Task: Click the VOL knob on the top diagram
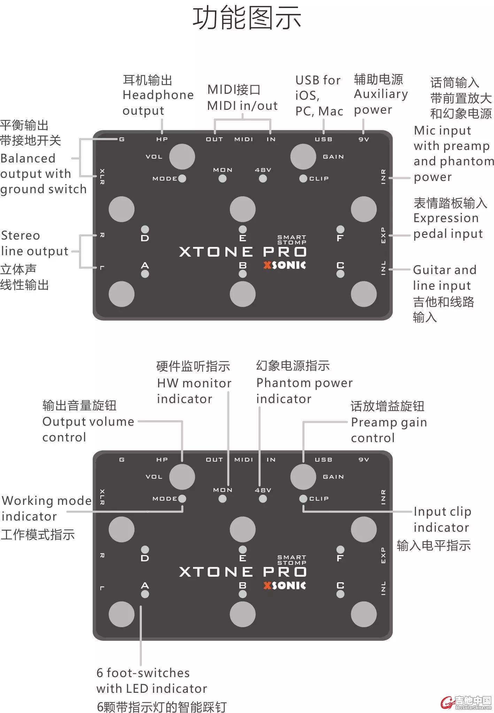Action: coord(182,156)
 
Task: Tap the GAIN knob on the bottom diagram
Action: coord(303,477)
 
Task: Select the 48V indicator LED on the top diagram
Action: coord(263,179)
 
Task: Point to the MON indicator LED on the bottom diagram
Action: coord(222,499)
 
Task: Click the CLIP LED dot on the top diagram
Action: coord(303,179)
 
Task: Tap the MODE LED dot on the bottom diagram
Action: coord(182,499)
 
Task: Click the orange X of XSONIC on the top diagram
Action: coord(267,265)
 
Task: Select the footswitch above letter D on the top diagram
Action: coord(121,209)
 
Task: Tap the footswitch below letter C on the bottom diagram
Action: coord(364,614)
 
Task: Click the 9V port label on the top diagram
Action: coord(364,139)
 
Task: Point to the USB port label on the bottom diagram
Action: coord(323,460)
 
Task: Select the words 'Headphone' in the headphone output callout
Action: coord(158,95)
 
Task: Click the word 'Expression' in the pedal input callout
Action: coord(446,218)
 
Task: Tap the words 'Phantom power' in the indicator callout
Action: coord(304,383)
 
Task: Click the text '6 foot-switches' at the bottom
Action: coord(143,673)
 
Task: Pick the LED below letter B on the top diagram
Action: coord(243,274)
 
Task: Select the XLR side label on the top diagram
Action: coord(102,176)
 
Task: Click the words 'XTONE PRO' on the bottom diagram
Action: coord(243,572)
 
